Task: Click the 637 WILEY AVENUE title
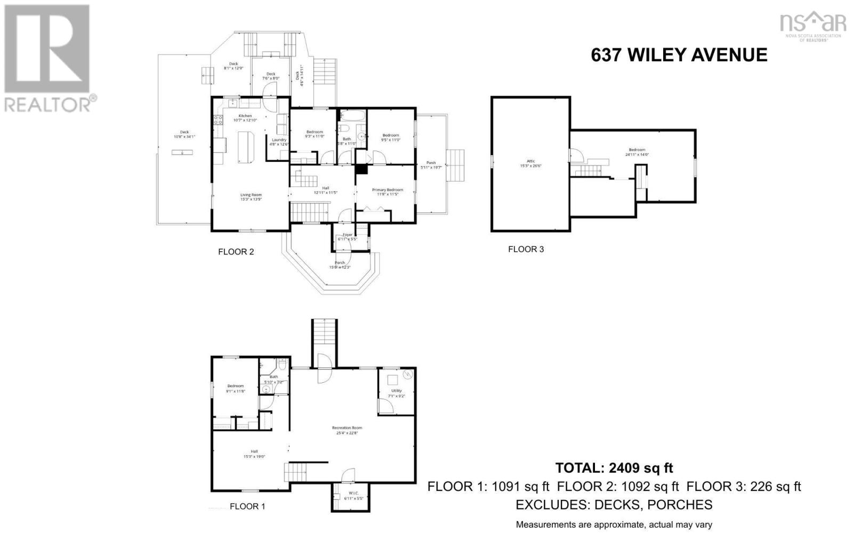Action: [679, 55]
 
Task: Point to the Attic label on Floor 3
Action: [530, 163]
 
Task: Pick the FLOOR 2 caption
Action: [236, 252]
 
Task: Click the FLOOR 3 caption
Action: [526, 249]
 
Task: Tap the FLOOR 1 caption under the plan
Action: [247, 506]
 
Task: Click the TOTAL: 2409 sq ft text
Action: [614, 468]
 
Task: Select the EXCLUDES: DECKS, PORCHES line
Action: [614, 505]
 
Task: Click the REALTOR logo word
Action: [47, 104]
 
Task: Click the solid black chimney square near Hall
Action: [361, 169]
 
